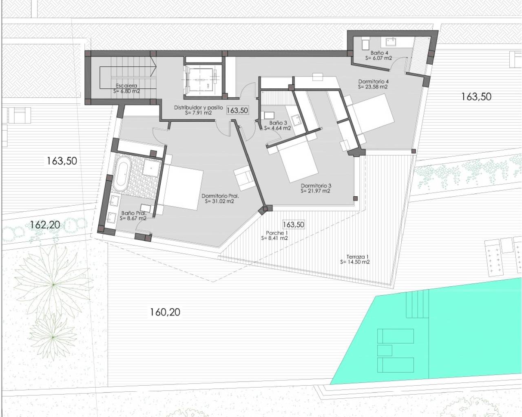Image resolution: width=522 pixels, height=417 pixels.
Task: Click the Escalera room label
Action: tap(126, 86)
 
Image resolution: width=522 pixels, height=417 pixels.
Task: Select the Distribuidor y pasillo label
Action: tap(198, 108)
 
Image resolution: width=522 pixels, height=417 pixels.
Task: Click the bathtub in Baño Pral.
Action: tap(121, 176)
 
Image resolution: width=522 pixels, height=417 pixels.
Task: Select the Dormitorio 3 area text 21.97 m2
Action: tap(316, 191)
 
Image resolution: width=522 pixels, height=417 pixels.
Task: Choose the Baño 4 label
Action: tap(379, 53)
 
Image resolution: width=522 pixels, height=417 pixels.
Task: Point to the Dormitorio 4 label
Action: tap(373, 81)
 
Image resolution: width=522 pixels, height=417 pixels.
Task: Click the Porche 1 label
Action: tap(275, 233)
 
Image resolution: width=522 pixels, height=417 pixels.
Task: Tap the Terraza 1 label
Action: tap(357, 257)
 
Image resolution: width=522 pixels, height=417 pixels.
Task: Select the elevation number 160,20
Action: tap(165, 312)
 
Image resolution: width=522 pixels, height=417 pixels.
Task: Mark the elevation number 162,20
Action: tap(45, 224)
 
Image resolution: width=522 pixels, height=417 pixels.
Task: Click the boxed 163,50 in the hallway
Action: tap(237, 110)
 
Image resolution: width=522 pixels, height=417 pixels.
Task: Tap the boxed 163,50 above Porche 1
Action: tap(293, 224)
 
